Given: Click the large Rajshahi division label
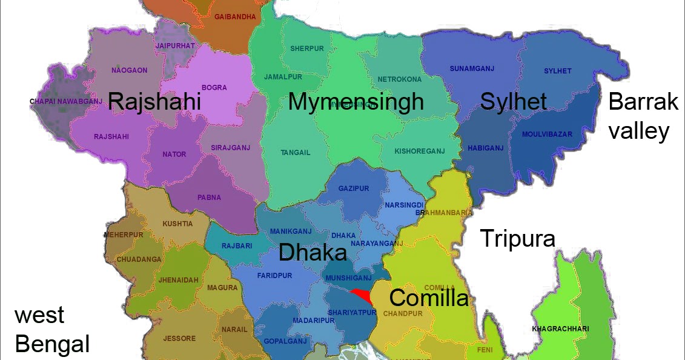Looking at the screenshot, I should (x=154, y=101).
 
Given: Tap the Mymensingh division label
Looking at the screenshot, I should (x=356, y=101).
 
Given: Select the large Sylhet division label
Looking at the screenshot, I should (x=513, y=101).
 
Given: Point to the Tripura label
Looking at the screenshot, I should (x=517, y=238).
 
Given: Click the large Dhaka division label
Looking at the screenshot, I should (x=313, y=252).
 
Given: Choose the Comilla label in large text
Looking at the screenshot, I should (x=428, y=298).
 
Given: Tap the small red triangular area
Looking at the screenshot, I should (x=362, y=295).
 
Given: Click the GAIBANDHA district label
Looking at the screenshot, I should (x=236, y=17).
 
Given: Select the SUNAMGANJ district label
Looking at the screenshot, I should (x=472, y=68).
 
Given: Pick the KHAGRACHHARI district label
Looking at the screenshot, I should (x=560, y=328).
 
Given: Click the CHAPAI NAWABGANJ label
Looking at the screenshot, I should (x=66, y=101).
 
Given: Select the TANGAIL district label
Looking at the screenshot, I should (x=295, y=152).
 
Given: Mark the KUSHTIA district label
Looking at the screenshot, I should (x=177, y=224).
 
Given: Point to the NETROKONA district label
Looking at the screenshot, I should (x=399, y=79).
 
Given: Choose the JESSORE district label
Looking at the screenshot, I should (x=179, y=338).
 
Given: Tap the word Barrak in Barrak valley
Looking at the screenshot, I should (x=643, y=102).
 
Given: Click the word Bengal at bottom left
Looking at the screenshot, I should (x=52, y=344).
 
